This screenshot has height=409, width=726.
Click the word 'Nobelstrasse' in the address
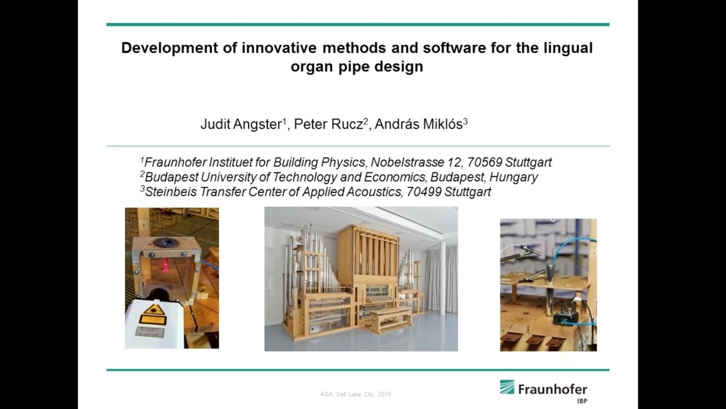coord(396,162)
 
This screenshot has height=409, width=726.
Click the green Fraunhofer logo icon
coord(507,387)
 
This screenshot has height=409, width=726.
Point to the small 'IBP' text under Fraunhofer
coord(581,400)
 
